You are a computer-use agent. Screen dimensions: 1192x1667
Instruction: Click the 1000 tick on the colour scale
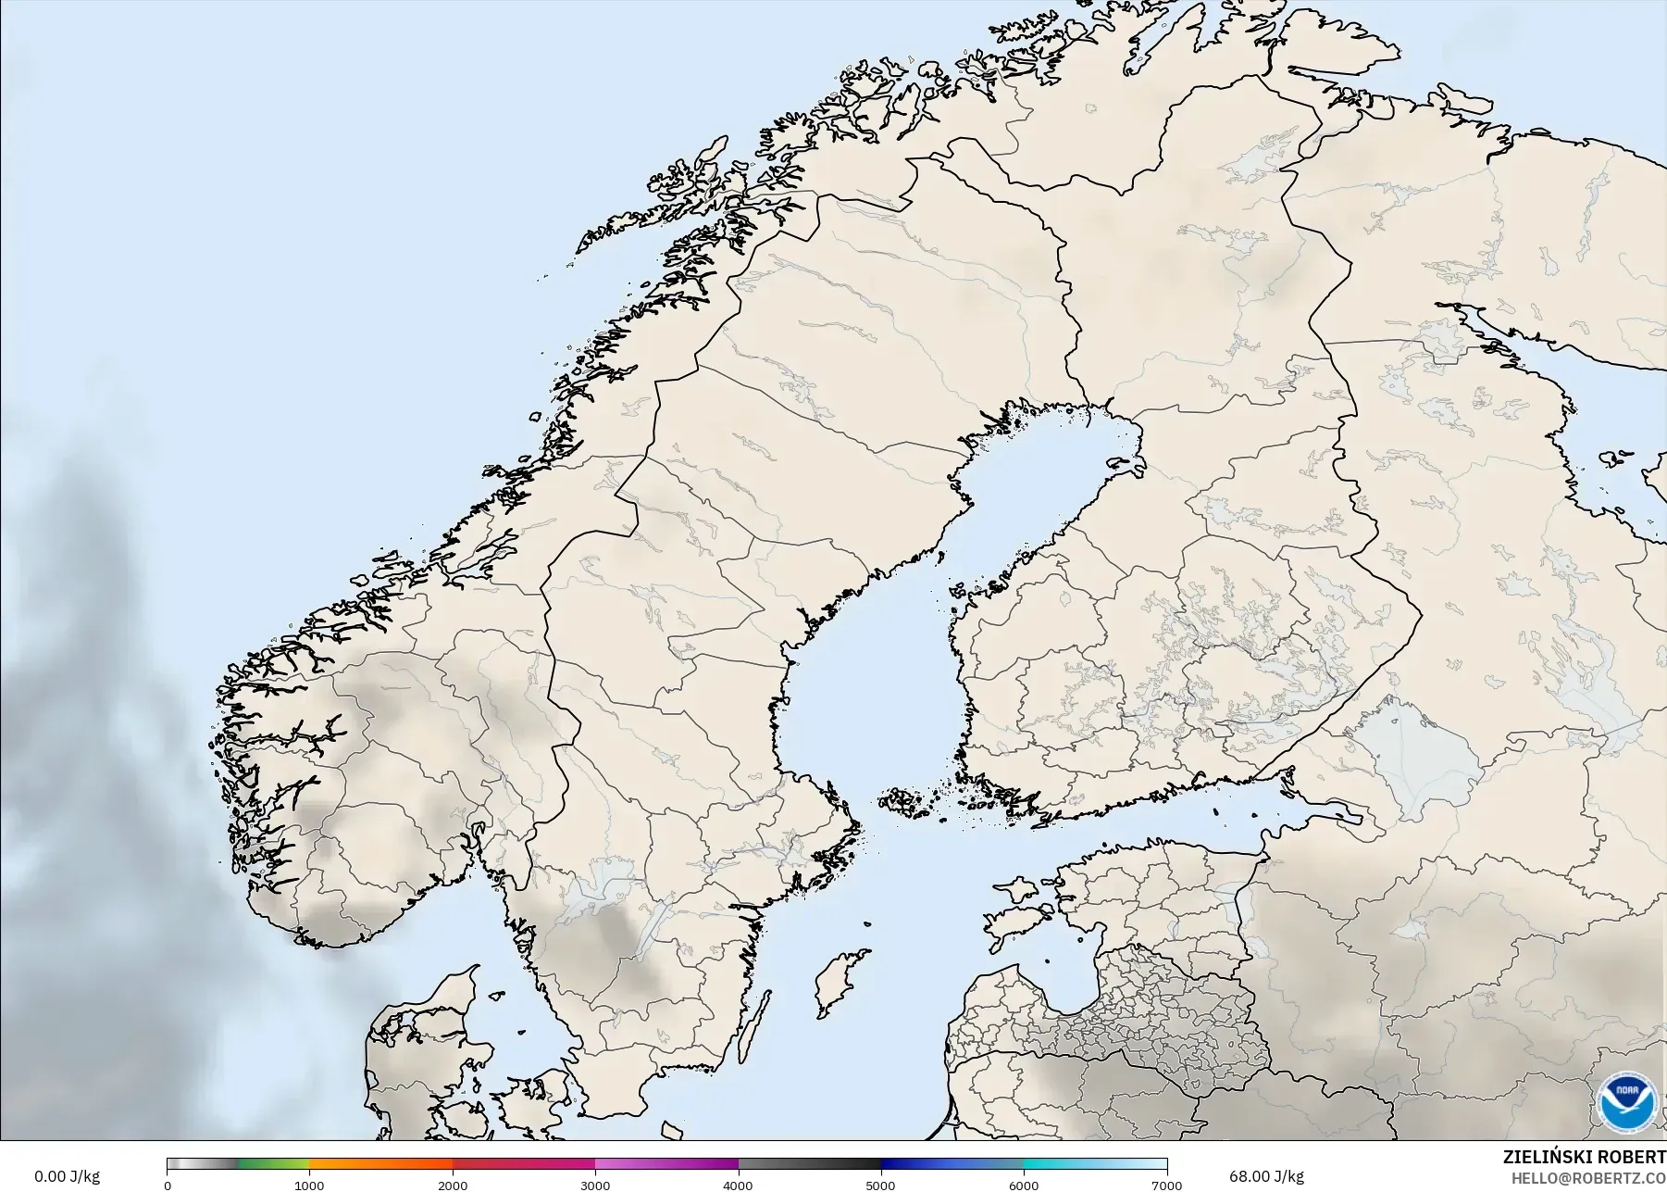(309, 1185)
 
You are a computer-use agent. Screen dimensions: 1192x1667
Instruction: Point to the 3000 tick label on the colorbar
(595, 1185)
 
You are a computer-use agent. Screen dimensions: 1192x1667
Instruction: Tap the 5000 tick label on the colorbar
(880, 1185)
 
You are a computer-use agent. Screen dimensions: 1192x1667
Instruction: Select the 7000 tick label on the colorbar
(1166, 1185)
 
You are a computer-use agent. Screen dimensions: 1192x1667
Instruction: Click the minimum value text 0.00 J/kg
(67, 1176)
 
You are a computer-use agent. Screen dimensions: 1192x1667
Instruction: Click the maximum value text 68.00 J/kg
(1266, 1176)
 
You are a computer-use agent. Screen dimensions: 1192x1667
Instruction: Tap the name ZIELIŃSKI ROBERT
(1584, 1158)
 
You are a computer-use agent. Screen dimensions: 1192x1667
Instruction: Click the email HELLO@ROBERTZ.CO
(1589, 1178)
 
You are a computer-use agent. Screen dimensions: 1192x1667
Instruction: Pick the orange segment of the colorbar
(379, 1164)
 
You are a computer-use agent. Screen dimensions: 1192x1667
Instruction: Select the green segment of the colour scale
(273, 1164)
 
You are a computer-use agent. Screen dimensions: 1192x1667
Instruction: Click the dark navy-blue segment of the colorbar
(916, 1164)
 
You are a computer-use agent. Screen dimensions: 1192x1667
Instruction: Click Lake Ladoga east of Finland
(1416, 750)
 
